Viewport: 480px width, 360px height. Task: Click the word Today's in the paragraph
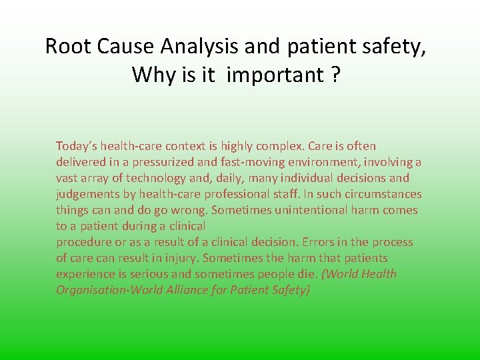(x=75, y=146)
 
